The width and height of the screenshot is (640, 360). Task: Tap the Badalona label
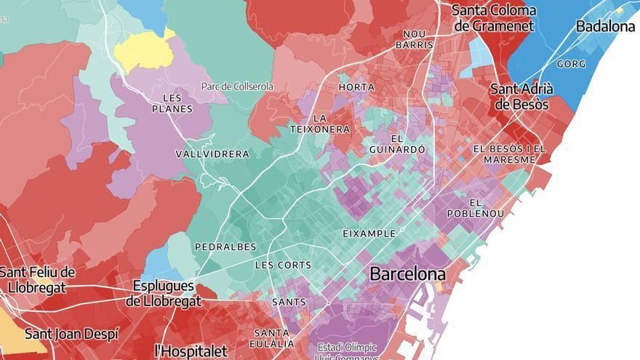tap(605, 26)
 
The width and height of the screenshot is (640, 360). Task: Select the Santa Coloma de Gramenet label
tap(494, 18)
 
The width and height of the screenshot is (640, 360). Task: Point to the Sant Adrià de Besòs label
tap(521, 97)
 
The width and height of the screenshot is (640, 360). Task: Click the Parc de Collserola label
tap(237, 87)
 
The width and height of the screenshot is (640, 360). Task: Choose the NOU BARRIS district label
tap(414, 39)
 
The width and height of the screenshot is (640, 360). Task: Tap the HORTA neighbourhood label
tap(356, 87)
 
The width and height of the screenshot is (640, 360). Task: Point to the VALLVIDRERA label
tap(212, 154)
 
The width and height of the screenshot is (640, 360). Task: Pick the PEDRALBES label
tap(221, 247)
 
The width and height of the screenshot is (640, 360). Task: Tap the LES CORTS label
tap(283, 265)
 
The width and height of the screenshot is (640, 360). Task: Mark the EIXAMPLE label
tap(369, 234)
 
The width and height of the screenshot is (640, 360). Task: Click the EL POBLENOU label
tap(486, 208)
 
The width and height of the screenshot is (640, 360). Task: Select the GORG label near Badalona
tap(571, 64)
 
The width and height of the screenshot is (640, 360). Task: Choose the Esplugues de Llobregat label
tap(163, 294)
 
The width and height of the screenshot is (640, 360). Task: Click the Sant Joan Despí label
tap(71, 335)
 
